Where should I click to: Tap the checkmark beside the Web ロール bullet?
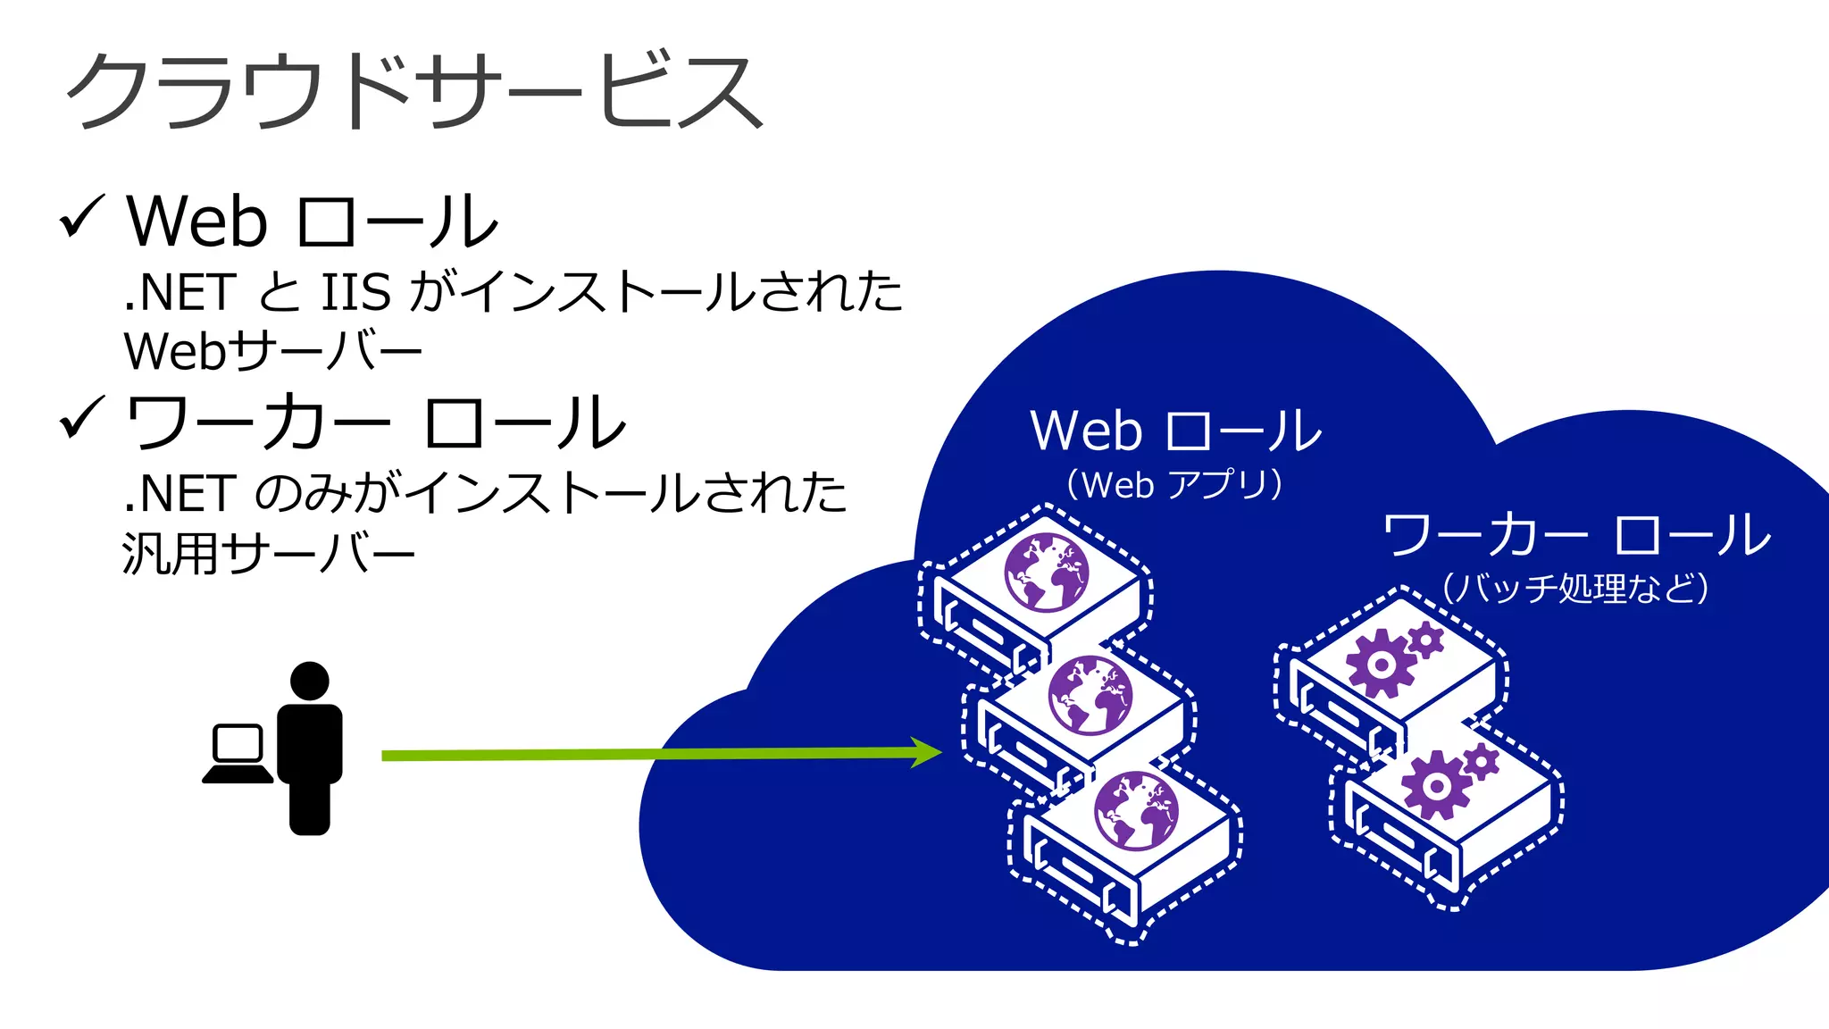tap(82, 218)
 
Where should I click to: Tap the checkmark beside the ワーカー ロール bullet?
tap(82, 419)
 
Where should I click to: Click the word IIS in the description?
tap(355, 293)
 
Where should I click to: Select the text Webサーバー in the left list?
tap(272, 351)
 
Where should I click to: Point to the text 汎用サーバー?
tap(268, 554)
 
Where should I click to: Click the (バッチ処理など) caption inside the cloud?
tap(1575, 588)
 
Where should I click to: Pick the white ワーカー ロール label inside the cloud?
tap(1576, 535)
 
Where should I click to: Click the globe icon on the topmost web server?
tap(1046, 573)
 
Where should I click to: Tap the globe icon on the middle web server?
tap(1090, 694)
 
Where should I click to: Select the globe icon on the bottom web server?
tap(1136, 811)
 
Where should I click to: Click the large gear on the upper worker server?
tap(1380, 664)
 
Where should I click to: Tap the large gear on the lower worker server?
tap(1435, 786)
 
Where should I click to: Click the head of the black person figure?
tap(310, 681)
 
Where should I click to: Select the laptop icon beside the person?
tap(238, 755)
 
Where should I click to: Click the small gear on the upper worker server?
tap(1425, 640)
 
